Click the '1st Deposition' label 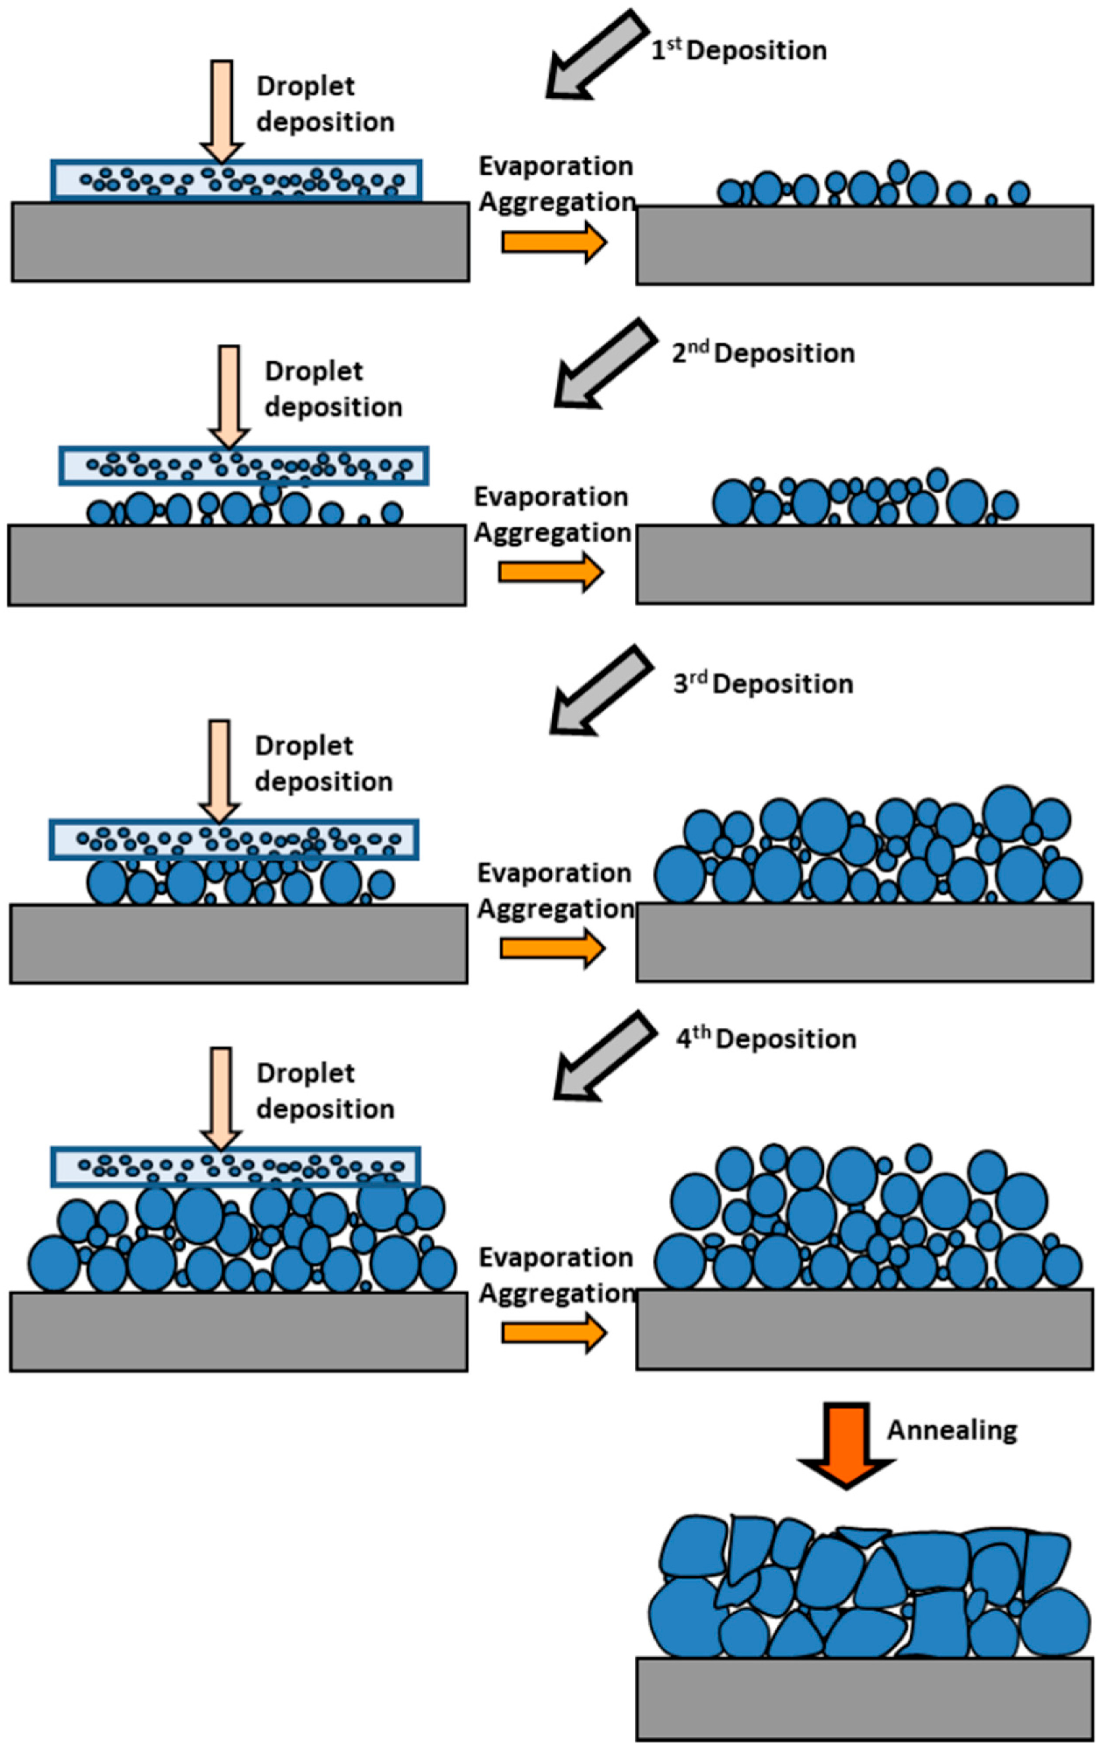[x=738, y=50]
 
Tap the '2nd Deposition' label [x=762, y=353]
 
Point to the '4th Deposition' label [x=765, y=1039]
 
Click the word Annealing [x=951, y=1430]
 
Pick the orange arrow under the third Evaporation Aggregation [x=552, y=948]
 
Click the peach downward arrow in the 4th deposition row [x=221, y=1098]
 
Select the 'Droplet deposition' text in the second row [x=333, y=389]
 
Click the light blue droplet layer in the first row [x=236, y=180]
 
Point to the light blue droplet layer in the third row [x=234, y=839]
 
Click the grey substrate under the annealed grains [x=864, y=1698]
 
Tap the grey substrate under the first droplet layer [x=240, y=242]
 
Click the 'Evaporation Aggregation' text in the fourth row [x=556, y=1275]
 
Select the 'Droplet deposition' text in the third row [x=323, y=763]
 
